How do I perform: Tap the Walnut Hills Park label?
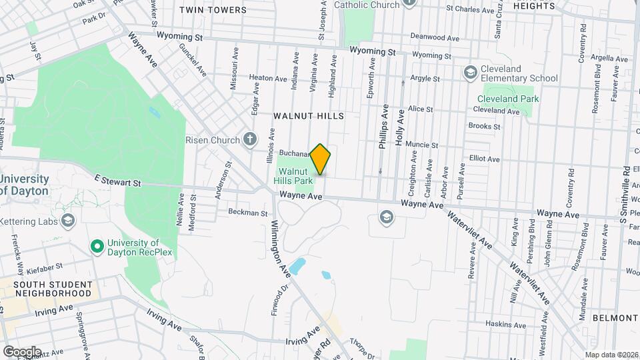pyautogui.click(x=295, y=176)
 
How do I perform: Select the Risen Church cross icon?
pyautogui.click(x=250, y=139)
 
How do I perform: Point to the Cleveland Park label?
pyautogui.click(x=507, y=99)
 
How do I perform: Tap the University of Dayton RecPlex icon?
pyautogui.click(x=97, y=247)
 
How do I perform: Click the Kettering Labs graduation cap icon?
pyautogui.click(x=68, y=220)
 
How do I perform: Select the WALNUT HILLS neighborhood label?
pyautogui.click(x=309, y=116)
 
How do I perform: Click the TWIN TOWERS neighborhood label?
pyautogui.click(x=213, y=10)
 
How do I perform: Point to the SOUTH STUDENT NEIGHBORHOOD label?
pyautogui.click(x=53, y=288)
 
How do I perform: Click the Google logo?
pyautogui.click(x=22, y=351)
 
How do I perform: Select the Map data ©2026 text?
pyautogui.click(x=611, y=355)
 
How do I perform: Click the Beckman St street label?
pyautogui.click(x=247, y=213)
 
